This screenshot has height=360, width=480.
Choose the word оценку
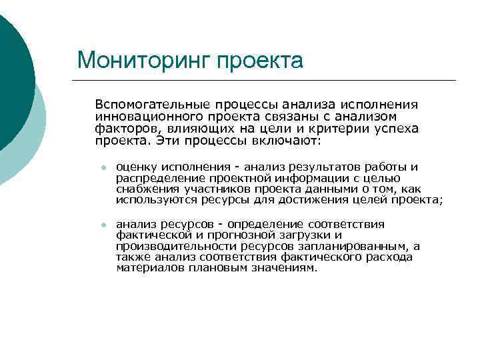tap(134, 167)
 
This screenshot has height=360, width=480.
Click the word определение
tap(267, 225)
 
